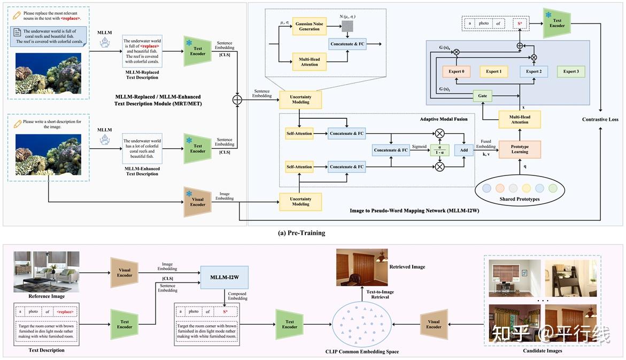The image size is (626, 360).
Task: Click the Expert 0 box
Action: point(457,72)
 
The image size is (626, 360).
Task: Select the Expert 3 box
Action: point(571,72)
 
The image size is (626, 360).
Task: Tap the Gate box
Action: point(482,96)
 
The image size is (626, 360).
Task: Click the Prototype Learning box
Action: point(520,149)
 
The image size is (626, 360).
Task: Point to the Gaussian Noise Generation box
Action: point(310,26)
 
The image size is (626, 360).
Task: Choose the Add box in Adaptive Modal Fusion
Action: point(464,150)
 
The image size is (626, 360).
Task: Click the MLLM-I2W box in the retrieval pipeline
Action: point(225,277)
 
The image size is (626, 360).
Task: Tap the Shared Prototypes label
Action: point(520,199)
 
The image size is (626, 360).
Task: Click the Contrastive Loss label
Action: point(600,119)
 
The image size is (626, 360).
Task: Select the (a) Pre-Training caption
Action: point(302,233)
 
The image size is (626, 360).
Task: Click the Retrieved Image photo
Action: point(362,267)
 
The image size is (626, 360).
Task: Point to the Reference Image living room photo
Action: point(47,272)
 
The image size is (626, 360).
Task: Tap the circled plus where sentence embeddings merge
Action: point(237,99)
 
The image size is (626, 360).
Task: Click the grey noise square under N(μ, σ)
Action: point(347,26)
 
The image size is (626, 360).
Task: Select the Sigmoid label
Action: point(419,147)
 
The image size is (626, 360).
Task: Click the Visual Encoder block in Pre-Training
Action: point(198,202)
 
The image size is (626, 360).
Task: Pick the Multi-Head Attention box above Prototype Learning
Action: point(520,119)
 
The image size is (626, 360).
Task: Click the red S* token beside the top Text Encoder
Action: point(520,24)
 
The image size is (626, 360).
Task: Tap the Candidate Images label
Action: point(543,351)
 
